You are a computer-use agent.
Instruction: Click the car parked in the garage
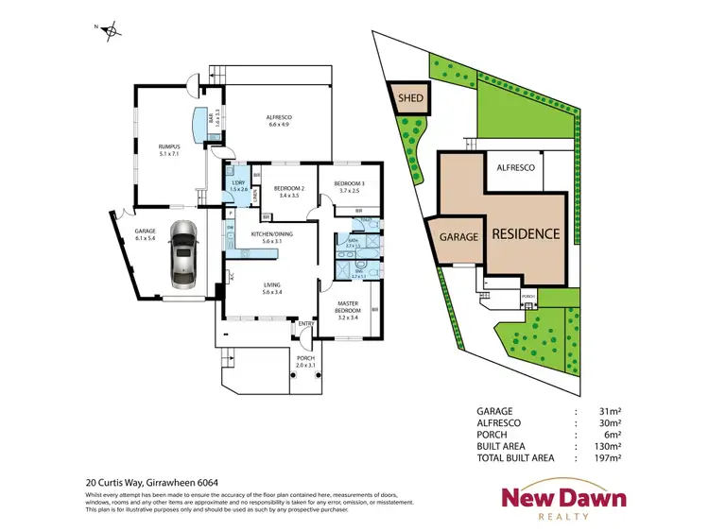click(x=183, y=254)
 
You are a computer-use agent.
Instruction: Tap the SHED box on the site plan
click(x=409, y=96)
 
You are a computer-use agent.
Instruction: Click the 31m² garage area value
click(x=608, y=411)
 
